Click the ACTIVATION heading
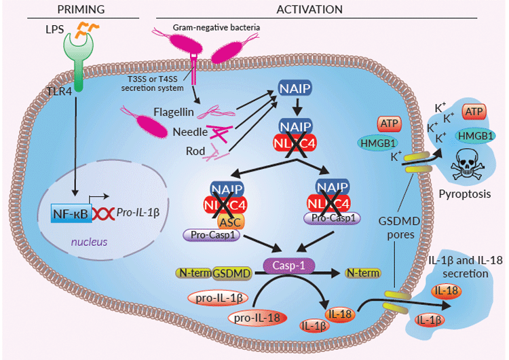(x=309, y=10)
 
